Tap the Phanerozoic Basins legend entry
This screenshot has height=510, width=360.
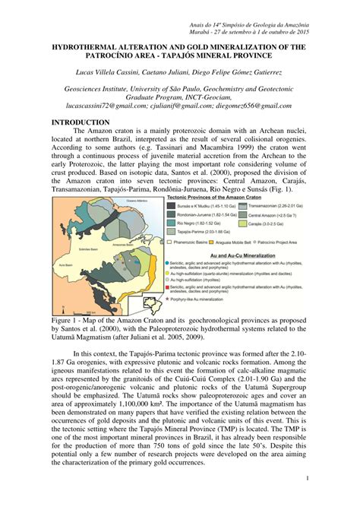(x=191, y=242)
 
